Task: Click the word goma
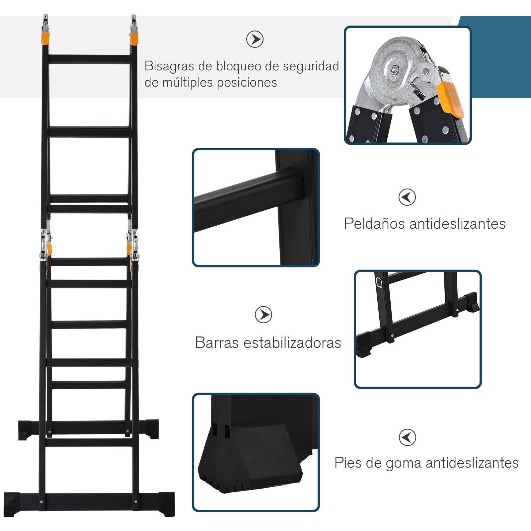click(403, 463)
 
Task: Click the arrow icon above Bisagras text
click(255, 39)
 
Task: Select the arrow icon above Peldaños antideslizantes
click(407, 197)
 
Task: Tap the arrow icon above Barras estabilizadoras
click(264, 315)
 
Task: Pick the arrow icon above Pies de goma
click(407, 437)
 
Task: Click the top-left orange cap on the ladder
click(46, 38)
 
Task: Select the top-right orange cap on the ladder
click(134, 38)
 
